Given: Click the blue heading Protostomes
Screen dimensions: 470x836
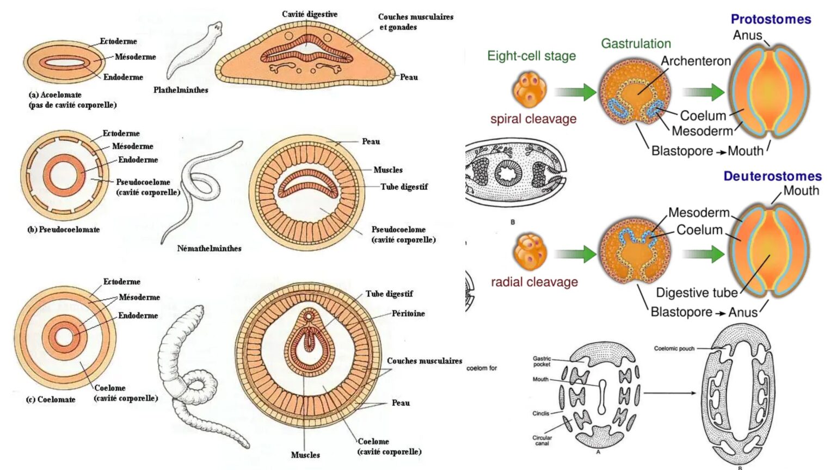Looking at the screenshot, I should coord(771,19).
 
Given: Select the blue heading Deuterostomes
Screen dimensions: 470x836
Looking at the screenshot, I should coord(772,176).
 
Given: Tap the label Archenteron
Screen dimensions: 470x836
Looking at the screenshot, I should coord(696,61).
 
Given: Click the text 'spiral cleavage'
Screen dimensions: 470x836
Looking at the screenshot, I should coord(533,119).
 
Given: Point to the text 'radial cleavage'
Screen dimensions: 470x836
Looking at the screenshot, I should coord(534,282).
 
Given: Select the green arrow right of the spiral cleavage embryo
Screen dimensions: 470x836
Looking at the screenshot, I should coord(576,92).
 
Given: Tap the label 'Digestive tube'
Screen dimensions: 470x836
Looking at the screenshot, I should coord(696,293).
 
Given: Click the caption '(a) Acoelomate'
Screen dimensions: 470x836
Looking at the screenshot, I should coord(55,95).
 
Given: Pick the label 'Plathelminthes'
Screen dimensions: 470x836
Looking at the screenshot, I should coord(181,90).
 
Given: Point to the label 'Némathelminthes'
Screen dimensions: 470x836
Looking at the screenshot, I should coord(209,249).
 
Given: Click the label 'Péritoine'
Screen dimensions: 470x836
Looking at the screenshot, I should coord(408,313).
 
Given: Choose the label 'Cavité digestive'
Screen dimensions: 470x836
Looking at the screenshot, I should coord(309,14).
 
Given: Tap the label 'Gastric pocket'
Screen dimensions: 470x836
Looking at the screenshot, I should coord(542,361).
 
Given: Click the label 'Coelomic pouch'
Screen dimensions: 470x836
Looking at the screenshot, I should coord(674,349).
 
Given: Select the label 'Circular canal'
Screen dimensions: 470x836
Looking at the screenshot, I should coord(542,440).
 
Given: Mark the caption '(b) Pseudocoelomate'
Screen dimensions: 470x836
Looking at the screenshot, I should coord(64,230).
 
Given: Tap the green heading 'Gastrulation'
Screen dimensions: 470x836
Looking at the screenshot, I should coord(636,44).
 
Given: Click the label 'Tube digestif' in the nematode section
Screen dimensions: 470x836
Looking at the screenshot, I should coord(404,187).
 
